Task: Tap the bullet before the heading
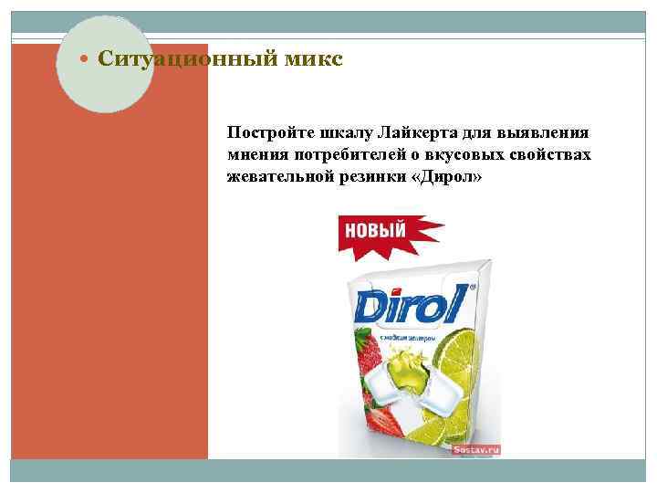click(x=86, y=60)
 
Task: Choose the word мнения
click(x=257, y=154)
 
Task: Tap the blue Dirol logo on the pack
click(x=409, y=304)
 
